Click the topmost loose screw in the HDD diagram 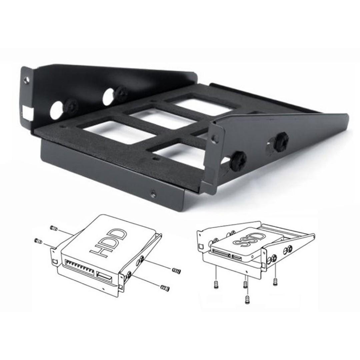pyautogui.click(x=54, y=228)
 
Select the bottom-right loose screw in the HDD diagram pyautogui.click(x=165, y=287)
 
